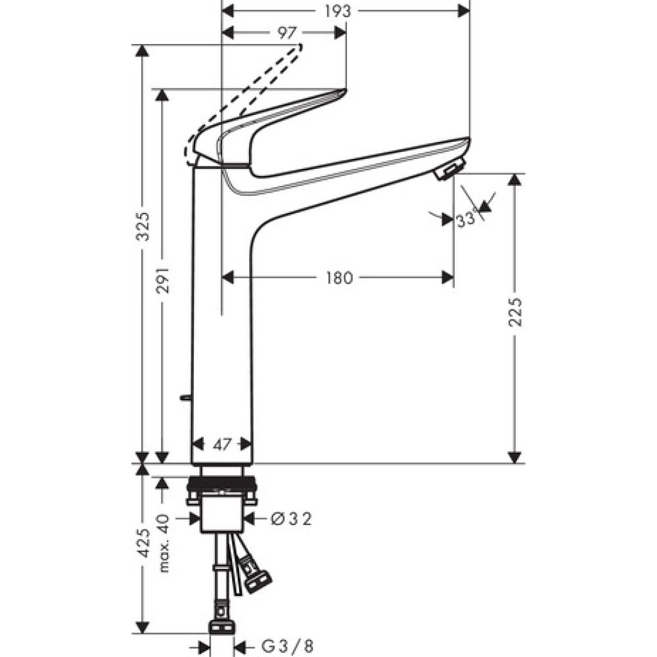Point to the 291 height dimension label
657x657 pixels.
(164, 281)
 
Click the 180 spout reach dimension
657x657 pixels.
(339, 278)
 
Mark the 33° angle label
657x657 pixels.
(466, 221)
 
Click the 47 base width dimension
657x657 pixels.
(222, 445)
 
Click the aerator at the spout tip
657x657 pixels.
(449, 170)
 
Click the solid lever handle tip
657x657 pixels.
(343, 91)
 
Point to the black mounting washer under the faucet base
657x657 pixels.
(221, 487)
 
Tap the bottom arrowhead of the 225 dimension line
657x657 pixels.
(515, 457)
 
